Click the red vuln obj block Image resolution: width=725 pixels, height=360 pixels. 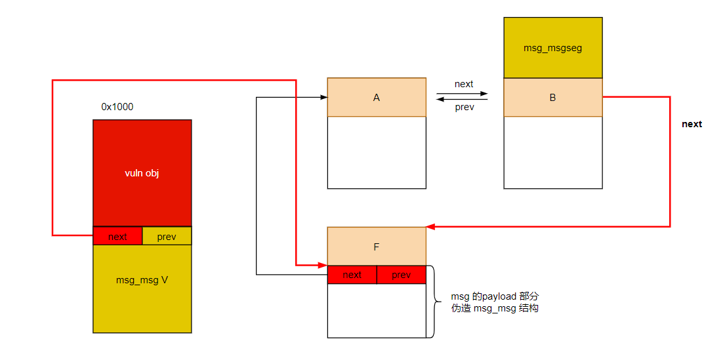(142, 173)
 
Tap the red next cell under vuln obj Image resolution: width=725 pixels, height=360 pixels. (117, 236)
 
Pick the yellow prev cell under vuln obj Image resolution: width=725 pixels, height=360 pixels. (167, 236)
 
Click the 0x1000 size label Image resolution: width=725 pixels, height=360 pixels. (117, 106)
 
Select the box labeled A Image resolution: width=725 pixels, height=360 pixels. (377, 98)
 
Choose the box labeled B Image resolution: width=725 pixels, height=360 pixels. (552, 98)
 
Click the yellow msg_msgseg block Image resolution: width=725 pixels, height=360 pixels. (552, 48)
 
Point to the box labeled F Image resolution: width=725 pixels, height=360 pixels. (377, 247)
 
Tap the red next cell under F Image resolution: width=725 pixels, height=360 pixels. (352, 275)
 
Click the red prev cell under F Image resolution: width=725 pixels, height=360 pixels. (402, 275)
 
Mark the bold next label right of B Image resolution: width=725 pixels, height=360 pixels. (692, 124)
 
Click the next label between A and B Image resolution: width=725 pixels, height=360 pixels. (463, 84)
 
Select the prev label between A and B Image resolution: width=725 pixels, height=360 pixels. (463, 108)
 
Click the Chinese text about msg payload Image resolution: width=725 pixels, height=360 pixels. (495, 302)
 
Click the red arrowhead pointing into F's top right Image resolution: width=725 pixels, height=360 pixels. (430, 227)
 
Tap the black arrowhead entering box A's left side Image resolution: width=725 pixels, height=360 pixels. (323, 98)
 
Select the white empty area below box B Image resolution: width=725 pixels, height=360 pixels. (552, 152)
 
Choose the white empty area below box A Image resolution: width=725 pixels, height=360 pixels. (377, 152)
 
